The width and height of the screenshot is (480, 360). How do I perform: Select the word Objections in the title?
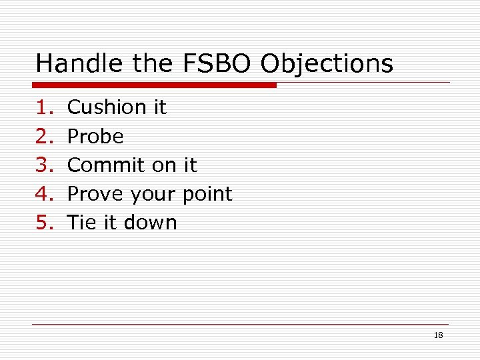coord(327,64)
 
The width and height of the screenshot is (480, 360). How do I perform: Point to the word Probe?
coord(96,137)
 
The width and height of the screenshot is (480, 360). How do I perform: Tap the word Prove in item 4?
coord(97,194)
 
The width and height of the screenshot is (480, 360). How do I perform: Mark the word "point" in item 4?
coord(207,195)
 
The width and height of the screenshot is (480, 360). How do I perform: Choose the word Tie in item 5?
coord(83,223)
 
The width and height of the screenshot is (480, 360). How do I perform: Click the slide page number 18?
coord(438,335)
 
